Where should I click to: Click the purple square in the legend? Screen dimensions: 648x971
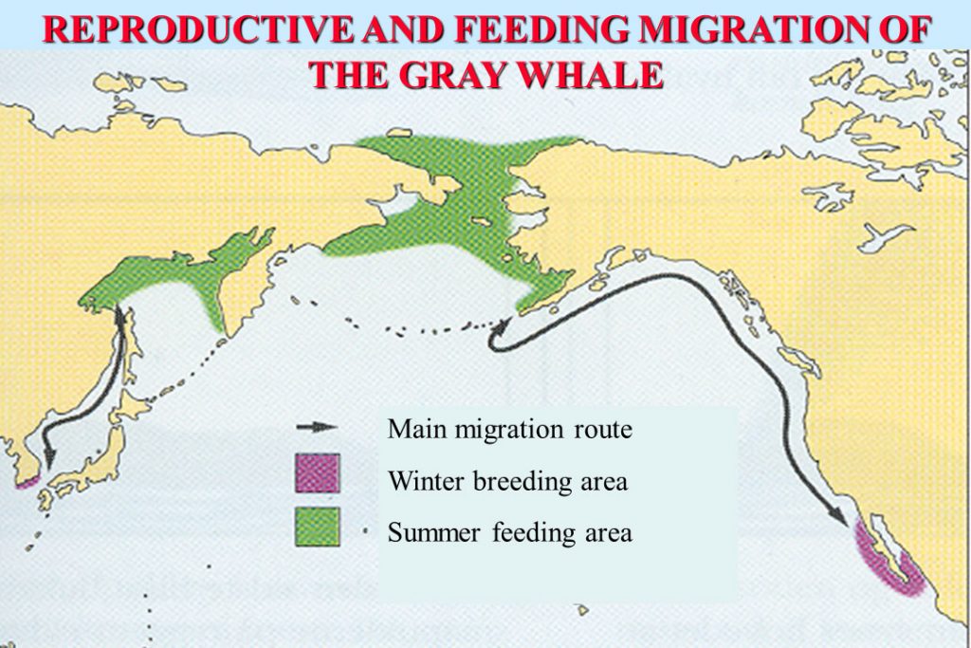[x=317, y=472]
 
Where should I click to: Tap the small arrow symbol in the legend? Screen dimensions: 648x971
[x=317, y=427]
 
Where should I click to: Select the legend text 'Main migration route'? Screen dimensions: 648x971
[x=509, y=429]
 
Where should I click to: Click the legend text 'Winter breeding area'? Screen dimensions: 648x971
[x=507, y=481]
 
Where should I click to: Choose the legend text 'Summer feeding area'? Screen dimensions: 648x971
[x=509, y=533]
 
